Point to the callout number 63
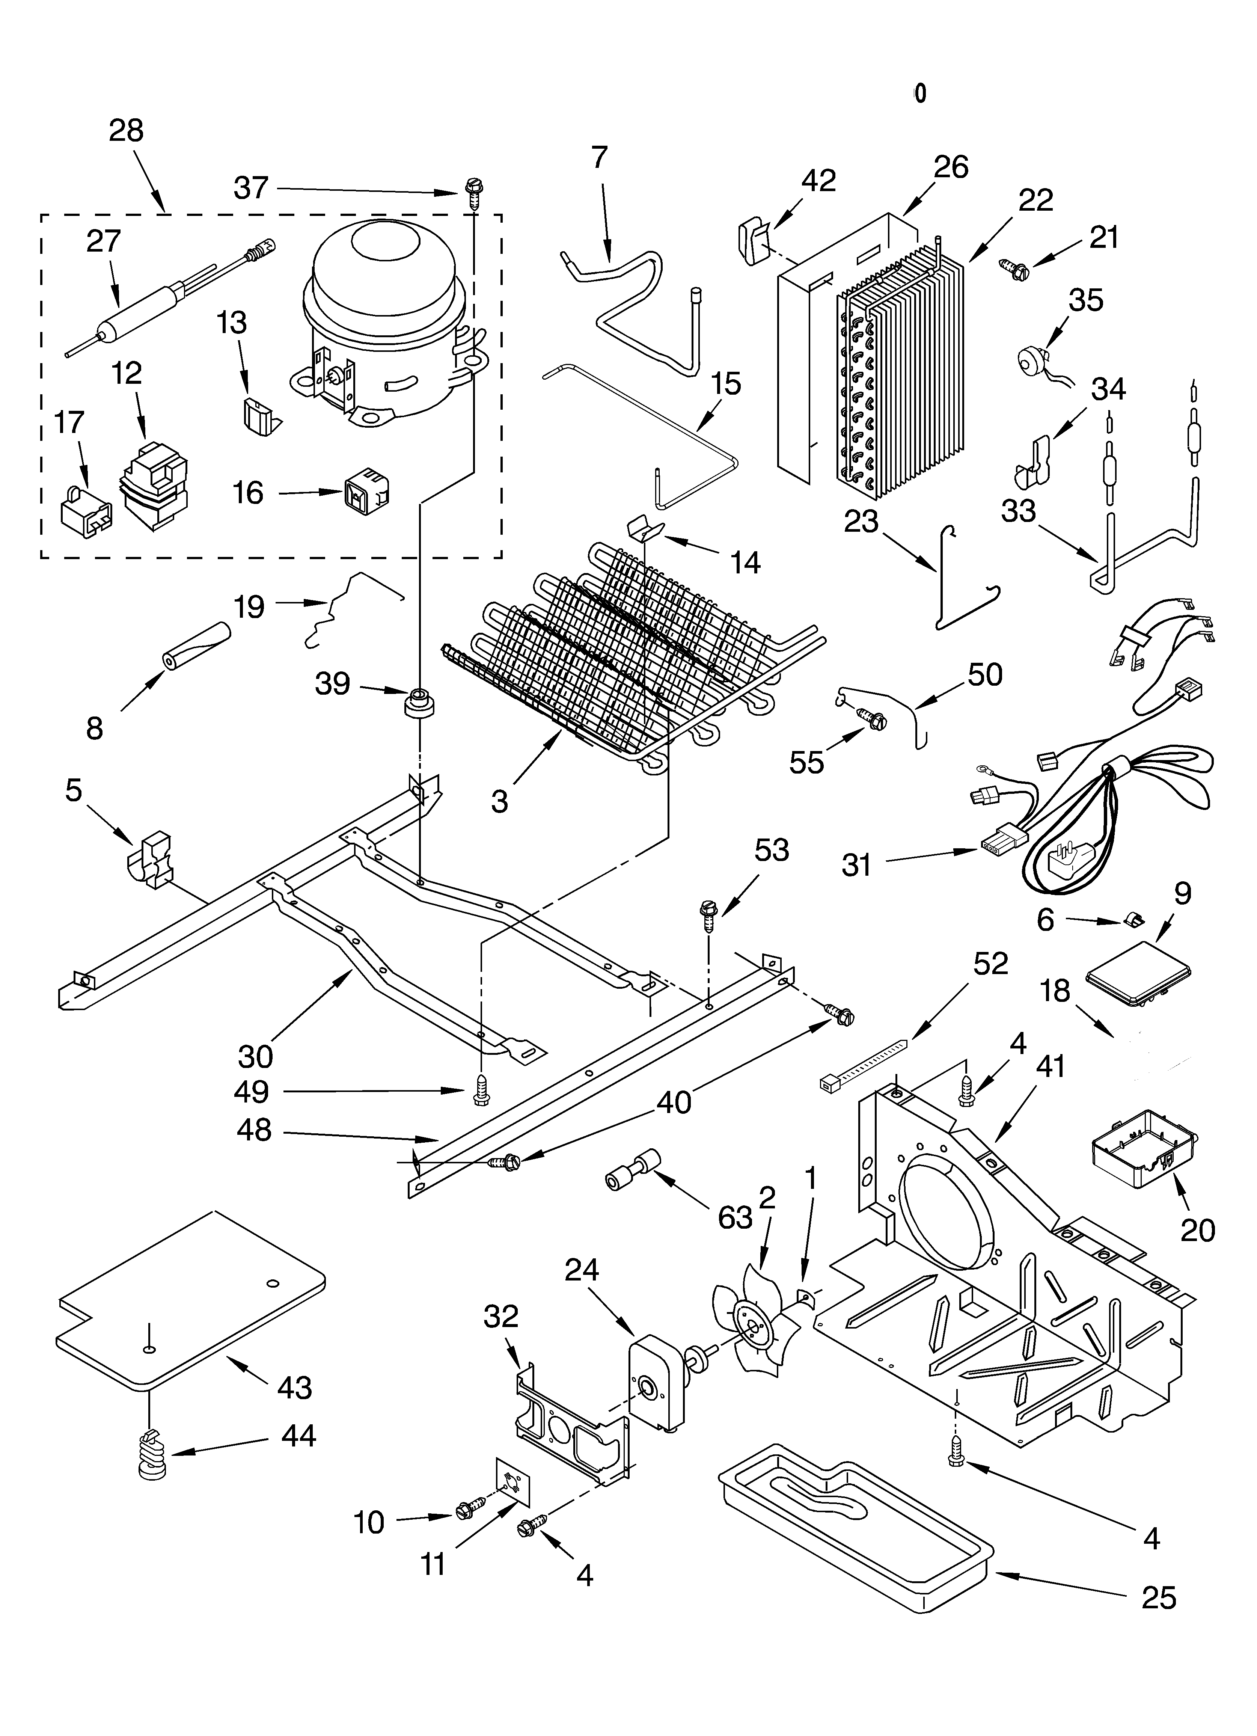point(735,1217)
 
